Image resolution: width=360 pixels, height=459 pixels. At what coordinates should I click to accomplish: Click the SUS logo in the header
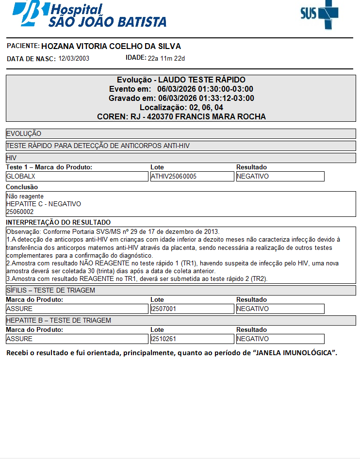[319, 14]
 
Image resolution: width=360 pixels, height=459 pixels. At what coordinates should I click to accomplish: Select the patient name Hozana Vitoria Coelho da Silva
[111, 47]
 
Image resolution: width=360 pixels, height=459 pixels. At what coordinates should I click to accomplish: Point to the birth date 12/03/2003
[74, 59]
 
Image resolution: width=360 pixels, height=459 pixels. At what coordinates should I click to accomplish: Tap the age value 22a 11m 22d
[166, 59]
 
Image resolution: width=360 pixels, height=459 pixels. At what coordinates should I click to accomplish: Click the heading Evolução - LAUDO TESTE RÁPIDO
[181, 80]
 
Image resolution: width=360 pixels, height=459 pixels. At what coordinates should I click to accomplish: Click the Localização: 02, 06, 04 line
[181, 108]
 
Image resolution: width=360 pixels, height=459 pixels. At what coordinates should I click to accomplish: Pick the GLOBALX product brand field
[77, 177]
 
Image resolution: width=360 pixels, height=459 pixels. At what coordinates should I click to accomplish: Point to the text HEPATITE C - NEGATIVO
[44, 204]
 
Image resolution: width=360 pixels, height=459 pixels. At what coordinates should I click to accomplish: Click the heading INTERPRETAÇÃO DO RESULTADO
[58, 222]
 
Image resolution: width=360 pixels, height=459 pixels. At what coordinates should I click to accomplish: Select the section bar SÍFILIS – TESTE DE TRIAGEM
[181, 291]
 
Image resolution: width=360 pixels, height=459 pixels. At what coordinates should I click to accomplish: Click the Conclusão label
[22, 187]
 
